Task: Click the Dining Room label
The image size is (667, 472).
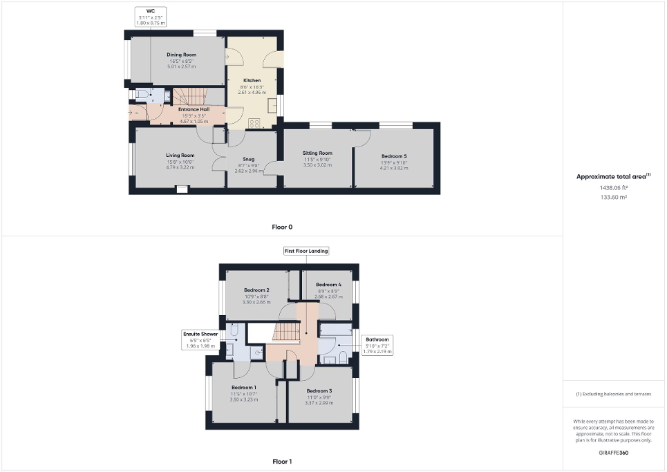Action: click(181, 55)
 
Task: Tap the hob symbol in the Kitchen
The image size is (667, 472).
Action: click(254, 123)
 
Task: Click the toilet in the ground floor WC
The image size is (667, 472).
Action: click(140, 94)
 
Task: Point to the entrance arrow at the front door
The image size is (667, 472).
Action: click(131, 110)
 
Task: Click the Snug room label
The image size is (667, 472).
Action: click(248, 159)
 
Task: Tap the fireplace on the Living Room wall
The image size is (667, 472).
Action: click(181, 189)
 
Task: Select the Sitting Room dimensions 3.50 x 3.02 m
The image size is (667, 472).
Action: click(318, 167)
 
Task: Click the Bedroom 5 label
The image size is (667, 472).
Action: click(393, 156)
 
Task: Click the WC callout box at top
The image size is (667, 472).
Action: click(151, 16)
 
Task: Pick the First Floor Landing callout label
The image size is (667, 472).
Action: click(306, 252)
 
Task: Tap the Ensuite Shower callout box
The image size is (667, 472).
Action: click(200, 340)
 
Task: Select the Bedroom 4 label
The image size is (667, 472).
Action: click(328, 285)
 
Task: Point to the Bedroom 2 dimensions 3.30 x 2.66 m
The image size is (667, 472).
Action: click(256, 302)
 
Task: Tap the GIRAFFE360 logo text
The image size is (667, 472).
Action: click(613, 453)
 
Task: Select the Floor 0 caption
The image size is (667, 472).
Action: click(282, 227)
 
